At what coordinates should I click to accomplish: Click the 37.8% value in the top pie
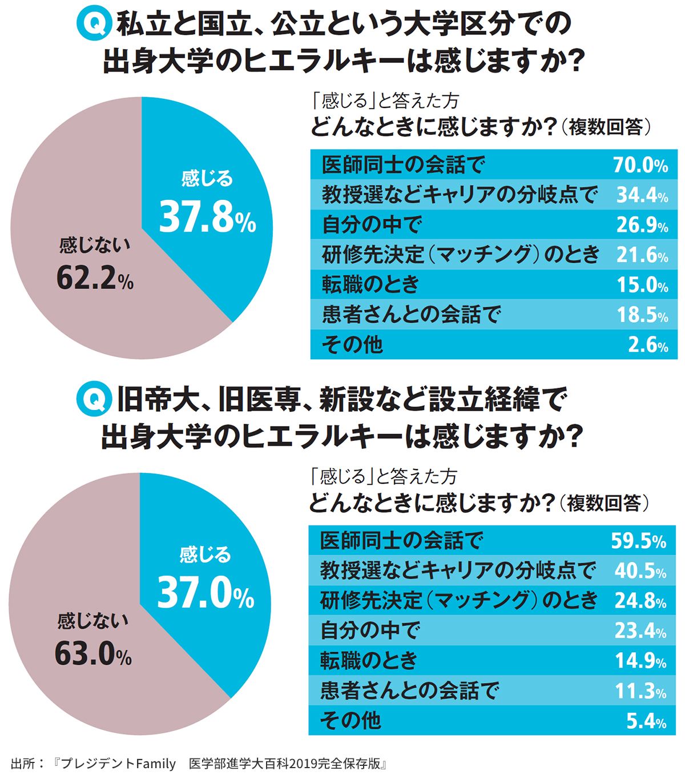pyautogui.click(x=207, y=217)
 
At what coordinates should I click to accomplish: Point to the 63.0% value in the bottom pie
pyautogui.click(x=93, y=654)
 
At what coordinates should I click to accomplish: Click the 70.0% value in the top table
pyautogui.click(x=640, y=166)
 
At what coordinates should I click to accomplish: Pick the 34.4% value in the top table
pyautogui.click(x=642, y=195)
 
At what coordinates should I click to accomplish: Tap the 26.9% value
pyautogui.click(x=642, y=225)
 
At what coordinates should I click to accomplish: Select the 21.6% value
pyautogui.click(x=642, y=255)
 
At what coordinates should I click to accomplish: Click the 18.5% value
pyautogui.click(x=642, y=315)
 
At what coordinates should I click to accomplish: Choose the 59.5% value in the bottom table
pyautogui.click(x=638, y=541)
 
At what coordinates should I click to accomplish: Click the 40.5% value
pyautogui.click(x=640, y=571)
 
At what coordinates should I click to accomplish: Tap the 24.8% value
pyautogui.click(x=640, y=600)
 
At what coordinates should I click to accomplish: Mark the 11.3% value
pyautogui.click(x=640, y=691)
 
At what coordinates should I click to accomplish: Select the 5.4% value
pyautogui.click(x=646, y=721)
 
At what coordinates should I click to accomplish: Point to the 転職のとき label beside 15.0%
pyautogui.click(x=370, y=284)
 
